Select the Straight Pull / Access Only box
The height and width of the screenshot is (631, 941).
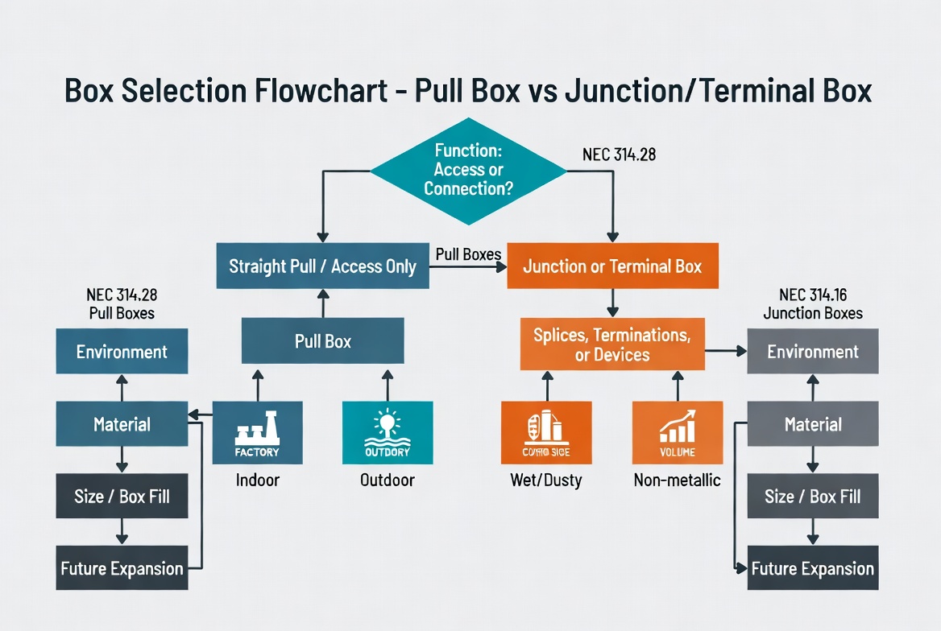(x=322, y=266)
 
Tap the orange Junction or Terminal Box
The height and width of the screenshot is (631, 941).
(x=612, y=266)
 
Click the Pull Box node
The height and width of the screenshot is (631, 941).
(x=323, y=340)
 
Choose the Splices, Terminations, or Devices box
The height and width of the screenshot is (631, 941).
(x=612, y=344)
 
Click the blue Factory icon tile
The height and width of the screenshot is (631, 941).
(x=257, y=432)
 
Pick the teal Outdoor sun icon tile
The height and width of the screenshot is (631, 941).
(x=388, y=432)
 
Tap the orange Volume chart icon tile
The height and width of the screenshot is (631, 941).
(x=677, y=432)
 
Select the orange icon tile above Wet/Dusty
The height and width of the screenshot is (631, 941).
(x=546, y=432)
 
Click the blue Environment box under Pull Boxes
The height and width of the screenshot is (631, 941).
(x=122, y=352)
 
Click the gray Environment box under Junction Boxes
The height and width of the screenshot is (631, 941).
(x=813, y=352)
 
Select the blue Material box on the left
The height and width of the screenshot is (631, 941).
(x=122, y=424)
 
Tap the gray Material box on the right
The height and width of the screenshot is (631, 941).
(x=813, y=424)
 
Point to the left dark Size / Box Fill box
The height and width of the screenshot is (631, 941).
(x=122, y=497)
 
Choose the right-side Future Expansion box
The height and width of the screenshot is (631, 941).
(x=813, y=568)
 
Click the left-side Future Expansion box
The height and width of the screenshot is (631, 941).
(x=122, y=568)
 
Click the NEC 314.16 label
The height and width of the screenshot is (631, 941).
(x=812, y=295)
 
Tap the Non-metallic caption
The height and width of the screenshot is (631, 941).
(x=677, y=480)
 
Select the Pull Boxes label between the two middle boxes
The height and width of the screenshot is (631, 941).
(x=468, y=254)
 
